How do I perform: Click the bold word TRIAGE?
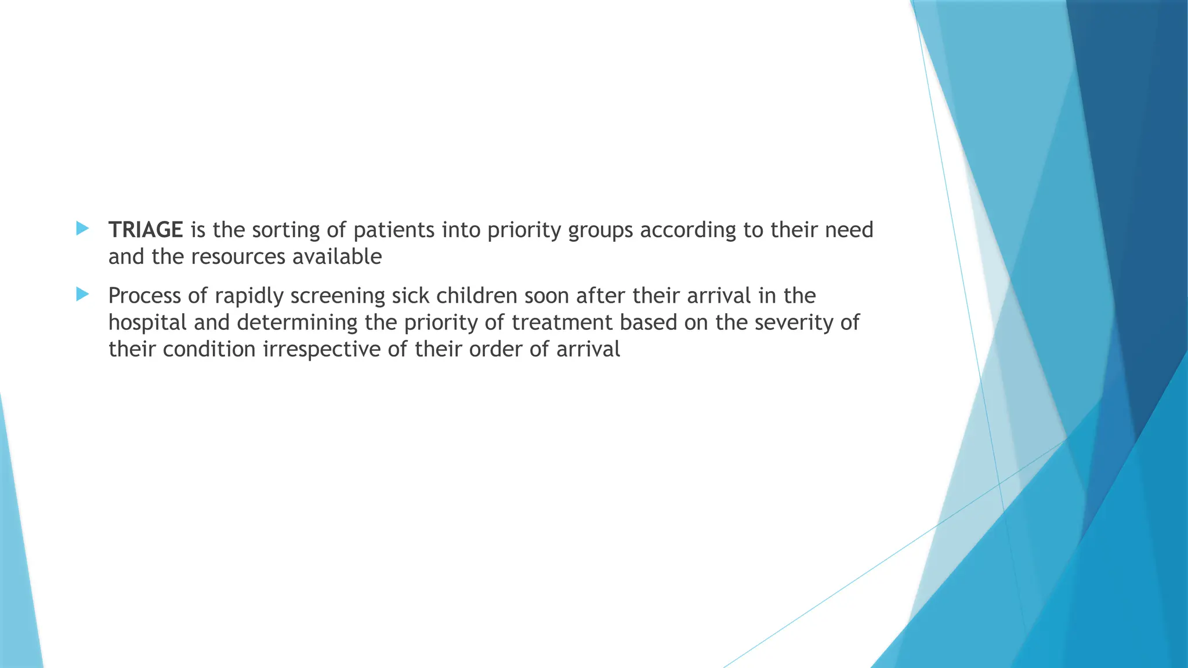[x=146, y=230]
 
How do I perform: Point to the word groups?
[x=600, y=231]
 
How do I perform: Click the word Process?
[x=144, y=296]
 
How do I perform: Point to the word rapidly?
[x=249, y=296]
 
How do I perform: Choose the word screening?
[x=338, y=296]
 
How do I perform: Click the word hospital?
[x=147, y=322]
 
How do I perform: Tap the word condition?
[x=209, y=349]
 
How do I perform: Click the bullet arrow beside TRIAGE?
[x=82, y=228]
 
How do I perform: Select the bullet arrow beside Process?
[x=82, y=294]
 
